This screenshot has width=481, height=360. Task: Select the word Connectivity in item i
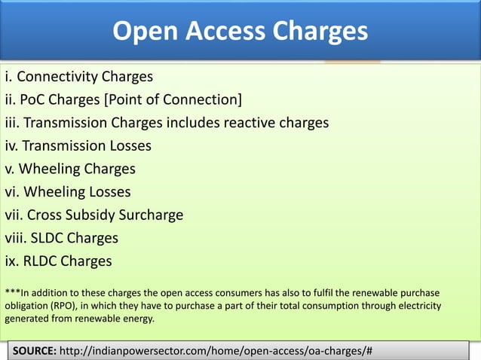click(63, 76)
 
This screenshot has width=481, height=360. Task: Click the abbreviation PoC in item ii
click(34, 99)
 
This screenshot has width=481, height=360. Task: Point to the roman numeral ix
click(11, 261)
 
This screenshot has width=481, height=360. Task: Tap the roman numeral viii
click(14, 238)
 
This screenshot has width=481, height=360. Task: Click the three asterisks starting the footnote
click(12, 291)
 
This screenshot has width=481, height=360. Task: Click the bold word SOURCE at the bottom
click(32, 351)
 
